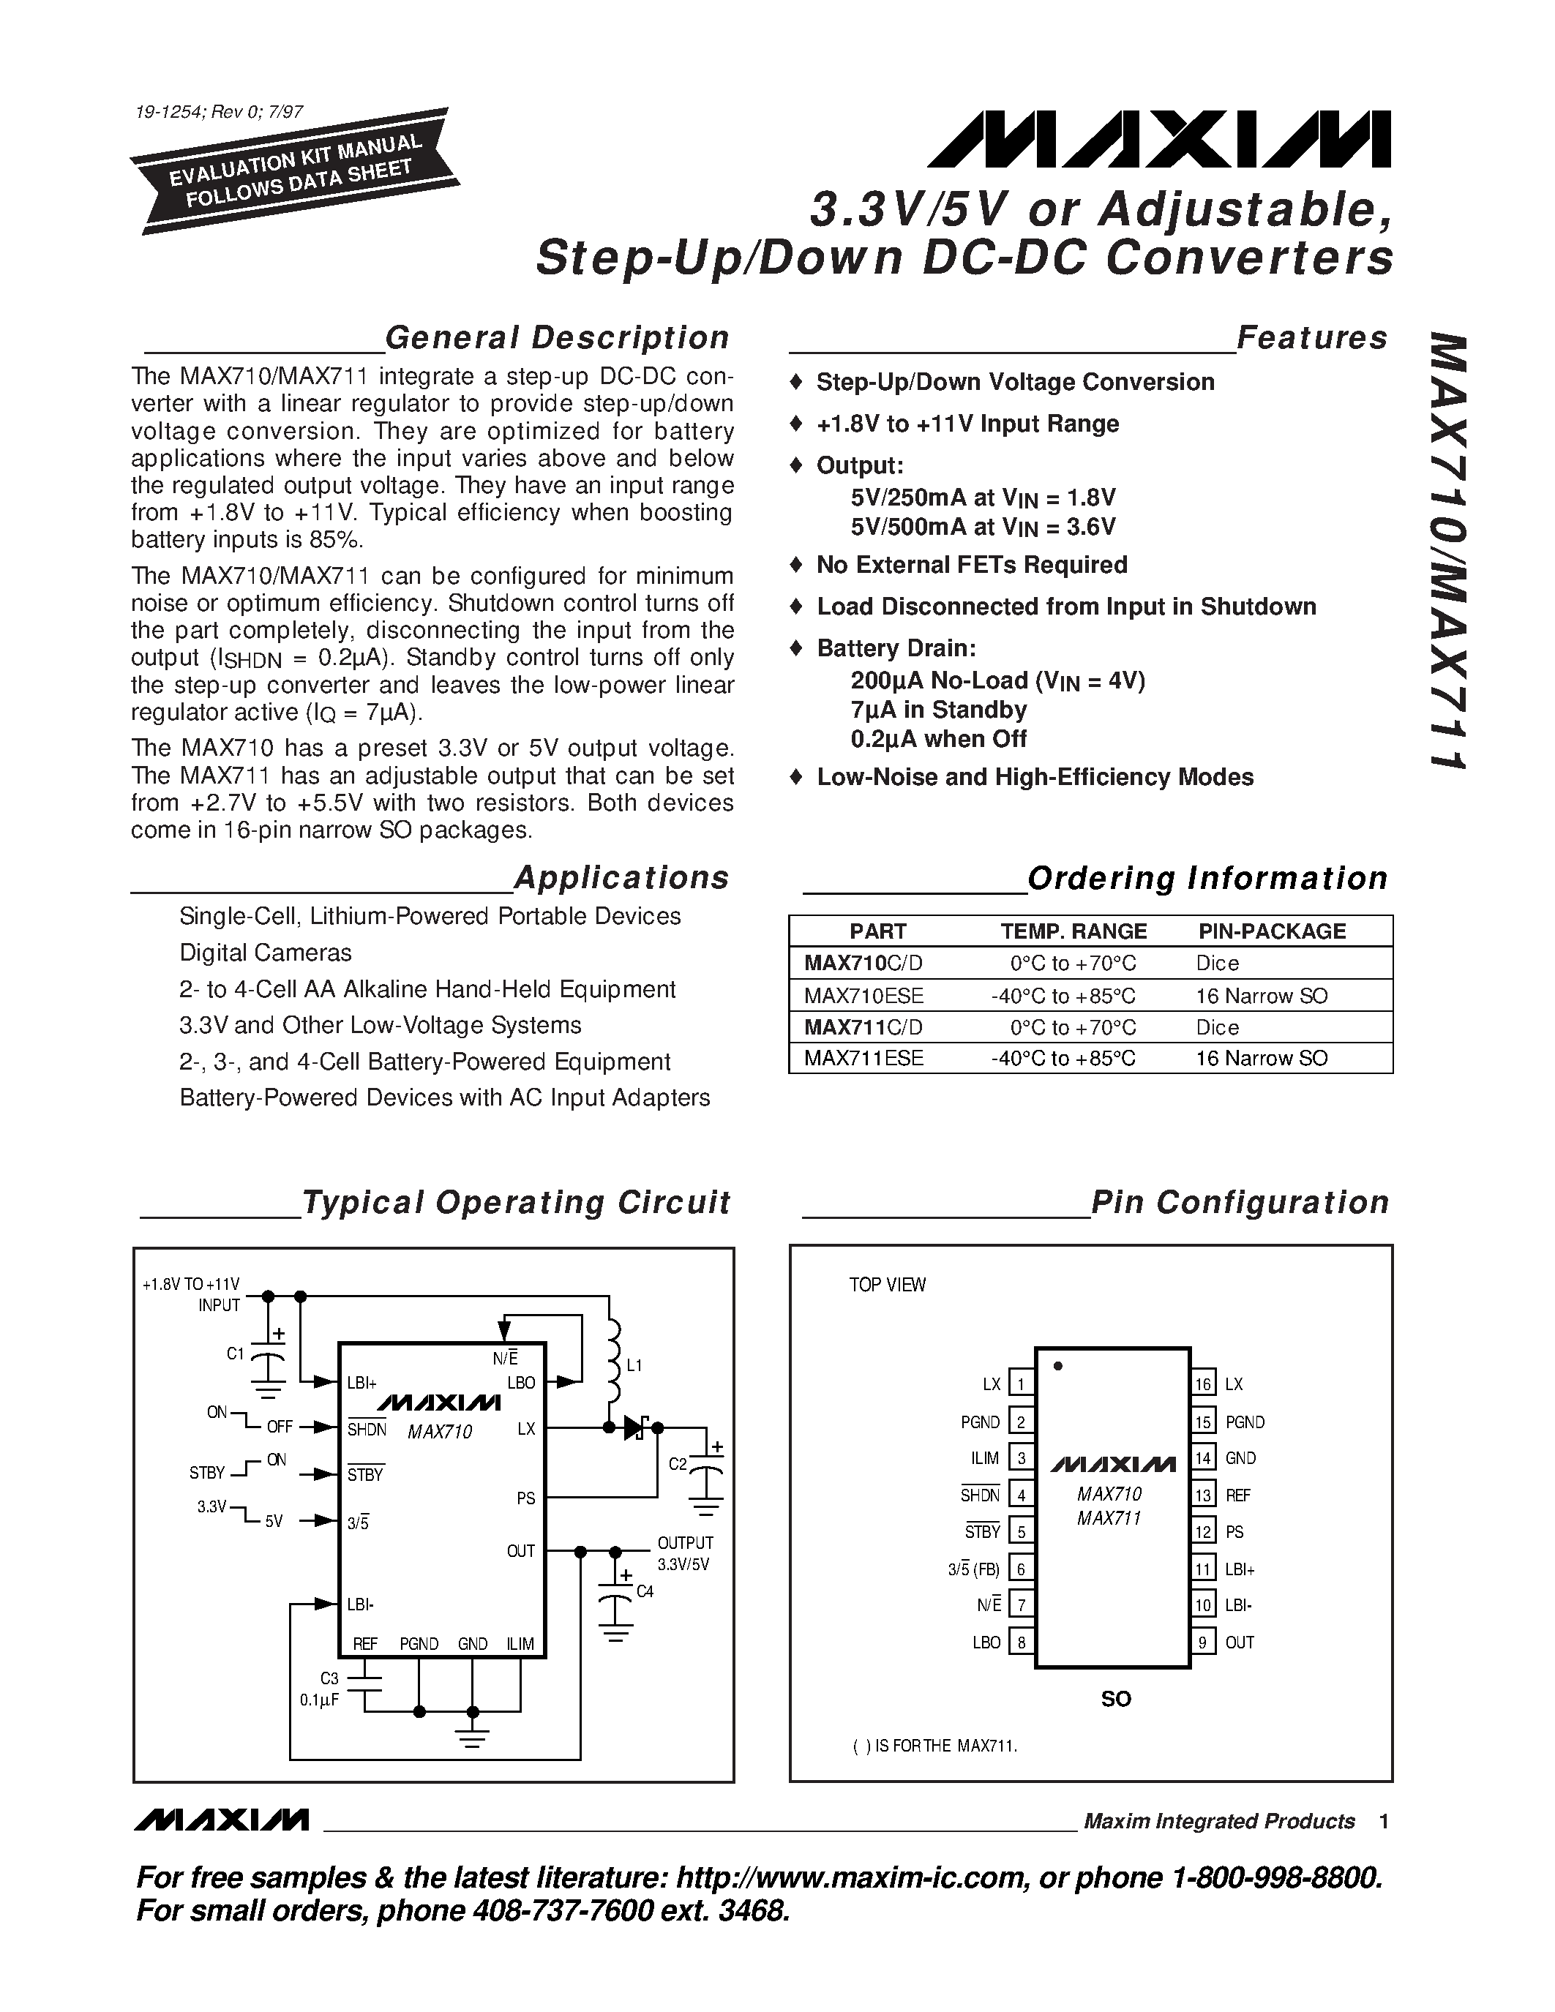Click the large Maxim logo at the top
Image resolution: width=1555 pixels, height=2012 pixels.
(1159, 140)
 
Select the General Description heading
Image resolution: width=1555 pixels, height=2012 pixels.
(556, 338)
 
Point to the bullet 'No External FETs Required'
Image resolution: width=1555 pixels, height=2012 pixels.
(971, 565)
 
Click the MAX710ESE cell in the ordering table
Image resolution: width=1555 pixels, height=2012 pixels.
(863, 996)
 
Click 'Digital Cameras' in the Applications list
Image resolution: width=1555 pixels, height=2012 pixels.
(266, 953)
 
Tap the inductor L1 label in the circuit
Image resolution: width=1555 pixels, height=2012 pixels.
(634, 1365)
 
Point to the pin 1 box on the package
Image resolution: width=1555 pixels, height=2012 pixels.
(1021, 1384)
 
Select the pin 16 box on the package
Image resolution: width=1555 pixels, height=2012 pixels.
(1203, 1384)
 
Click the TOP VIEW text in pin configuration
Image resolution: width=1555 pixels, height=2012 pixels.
(886, 1285)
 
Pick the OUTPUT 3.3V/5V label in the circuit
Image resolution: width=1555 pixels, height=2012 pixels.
(683, 1553)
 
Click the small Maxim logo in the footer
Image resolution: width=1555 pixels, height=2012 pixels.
(221, 1820)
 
